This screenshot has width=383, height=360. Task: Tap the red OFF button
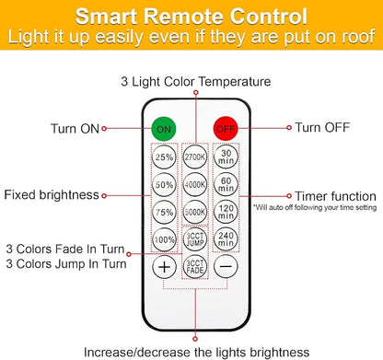226,129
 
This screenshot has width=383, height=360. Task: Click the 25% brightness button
164,157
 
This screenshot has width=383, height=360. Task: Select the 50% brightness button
164,184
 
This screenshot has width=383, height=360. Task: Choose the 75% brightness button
164,212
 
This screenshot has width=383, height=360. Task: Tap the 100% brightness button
164,239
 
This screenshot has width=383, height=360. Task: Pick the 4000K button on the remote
195,184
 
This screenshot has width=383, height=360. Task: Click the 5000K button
195,212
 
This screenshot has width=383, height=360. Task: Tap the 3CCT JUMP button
195,239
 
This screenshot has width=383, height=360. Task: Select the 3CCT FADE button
195,267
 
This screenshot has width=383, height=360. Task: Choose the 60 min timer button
226,184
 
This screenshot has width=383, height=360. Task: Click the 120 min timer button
226,212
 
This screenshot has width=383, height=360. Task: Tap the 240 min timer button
226,239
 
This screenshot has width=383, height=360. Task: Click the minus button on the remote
226,267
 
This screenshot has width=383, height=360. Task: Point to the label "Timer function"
335,196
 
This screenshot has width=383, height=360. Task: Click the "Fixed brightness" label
52,195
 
